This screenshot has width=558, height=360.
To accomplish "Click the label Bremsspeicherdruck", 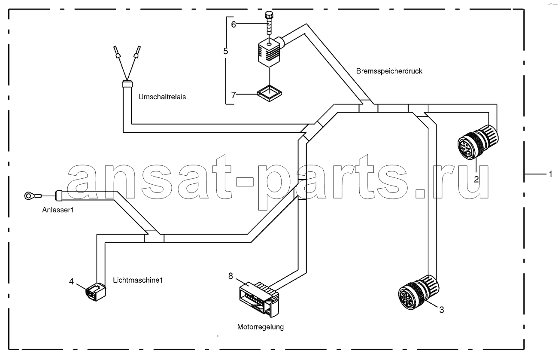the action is [389, 71].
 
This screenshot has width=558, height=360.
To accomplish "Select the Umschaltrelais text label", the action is [162, 97].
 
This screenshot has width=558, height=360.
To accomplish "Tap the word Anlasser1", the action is [58, 210].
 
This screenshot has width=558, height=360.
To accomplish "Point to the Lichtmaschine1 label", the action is [138, 280].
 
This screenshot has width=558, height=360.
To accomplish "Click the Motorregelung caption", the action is [260, 327].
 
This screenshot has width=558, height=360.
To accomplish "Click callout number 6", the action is [234, 24].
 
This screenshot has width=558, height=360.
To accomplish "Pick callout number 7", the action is [234, 95].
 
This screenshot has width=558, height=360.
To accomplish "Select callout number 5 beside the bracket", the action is [225, 51].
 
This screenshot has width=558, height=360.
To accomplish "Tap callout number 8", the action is [230, 276].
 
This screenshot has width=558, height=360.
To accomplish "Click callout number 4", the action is [71, 281].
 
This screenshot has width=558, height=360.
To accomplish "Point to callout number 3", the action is [441, 310].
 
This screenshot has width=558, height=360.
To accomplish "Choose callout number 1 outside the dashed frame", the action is [551, 174].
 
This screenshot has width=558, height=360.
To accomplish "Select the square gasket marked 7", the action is [269, 93].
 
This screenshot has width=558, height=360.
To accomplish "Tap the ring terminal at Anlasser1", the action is [28, 196].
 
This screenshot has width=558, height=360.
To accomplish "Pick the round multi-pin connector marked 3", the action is [418, 292].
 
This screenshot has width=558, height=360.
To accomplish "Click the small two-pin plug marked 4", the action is [96, 292].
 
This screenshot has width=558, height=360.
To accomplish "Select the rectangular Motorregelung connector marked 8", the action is [259, 300].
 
